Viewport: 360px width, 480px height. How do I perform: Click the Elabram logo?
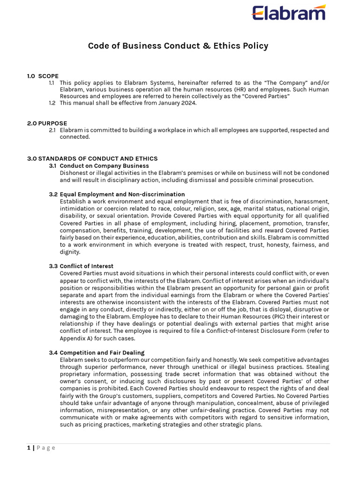click(x=289, y=13)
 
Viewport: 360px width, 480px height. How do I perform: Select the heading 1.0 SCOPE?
click(x=43, y=76)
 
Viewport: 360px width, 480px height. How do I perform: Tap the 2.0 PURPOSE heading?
click(x=47, y=123)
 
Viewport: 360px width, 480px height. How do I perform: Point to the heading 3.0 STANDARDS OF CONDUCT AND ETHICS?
click(x=92, y=158)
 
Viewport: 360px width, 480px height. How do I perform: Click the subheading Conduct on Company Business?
click(x=104, y=165)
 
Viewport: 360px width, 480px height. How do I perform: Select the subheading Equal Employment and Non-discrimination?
click(x=122, y=194)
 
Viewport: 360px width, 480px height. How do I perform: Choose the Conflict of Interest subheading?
click(x=86, y=266)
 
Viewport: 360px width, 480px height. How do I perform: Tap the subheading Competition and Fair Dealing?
click(x=102, y=352)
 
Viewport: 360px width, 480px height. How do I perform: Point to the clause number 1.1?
click(x=52, y=82)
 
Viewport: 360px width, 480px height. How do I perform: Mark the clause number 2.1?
click(x=52, y=130)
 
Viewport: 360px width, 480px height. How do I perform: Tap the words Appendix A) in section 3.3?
click(x=75, y=338)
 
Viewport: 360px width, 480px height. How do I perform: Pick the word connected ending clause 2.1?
click(x=74, y=137)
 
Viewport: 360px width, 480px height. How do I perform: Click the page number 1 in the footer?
click(x=29, y=448)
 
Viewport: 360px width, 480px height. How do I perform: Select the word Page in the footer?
click(x=46, y=448)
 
